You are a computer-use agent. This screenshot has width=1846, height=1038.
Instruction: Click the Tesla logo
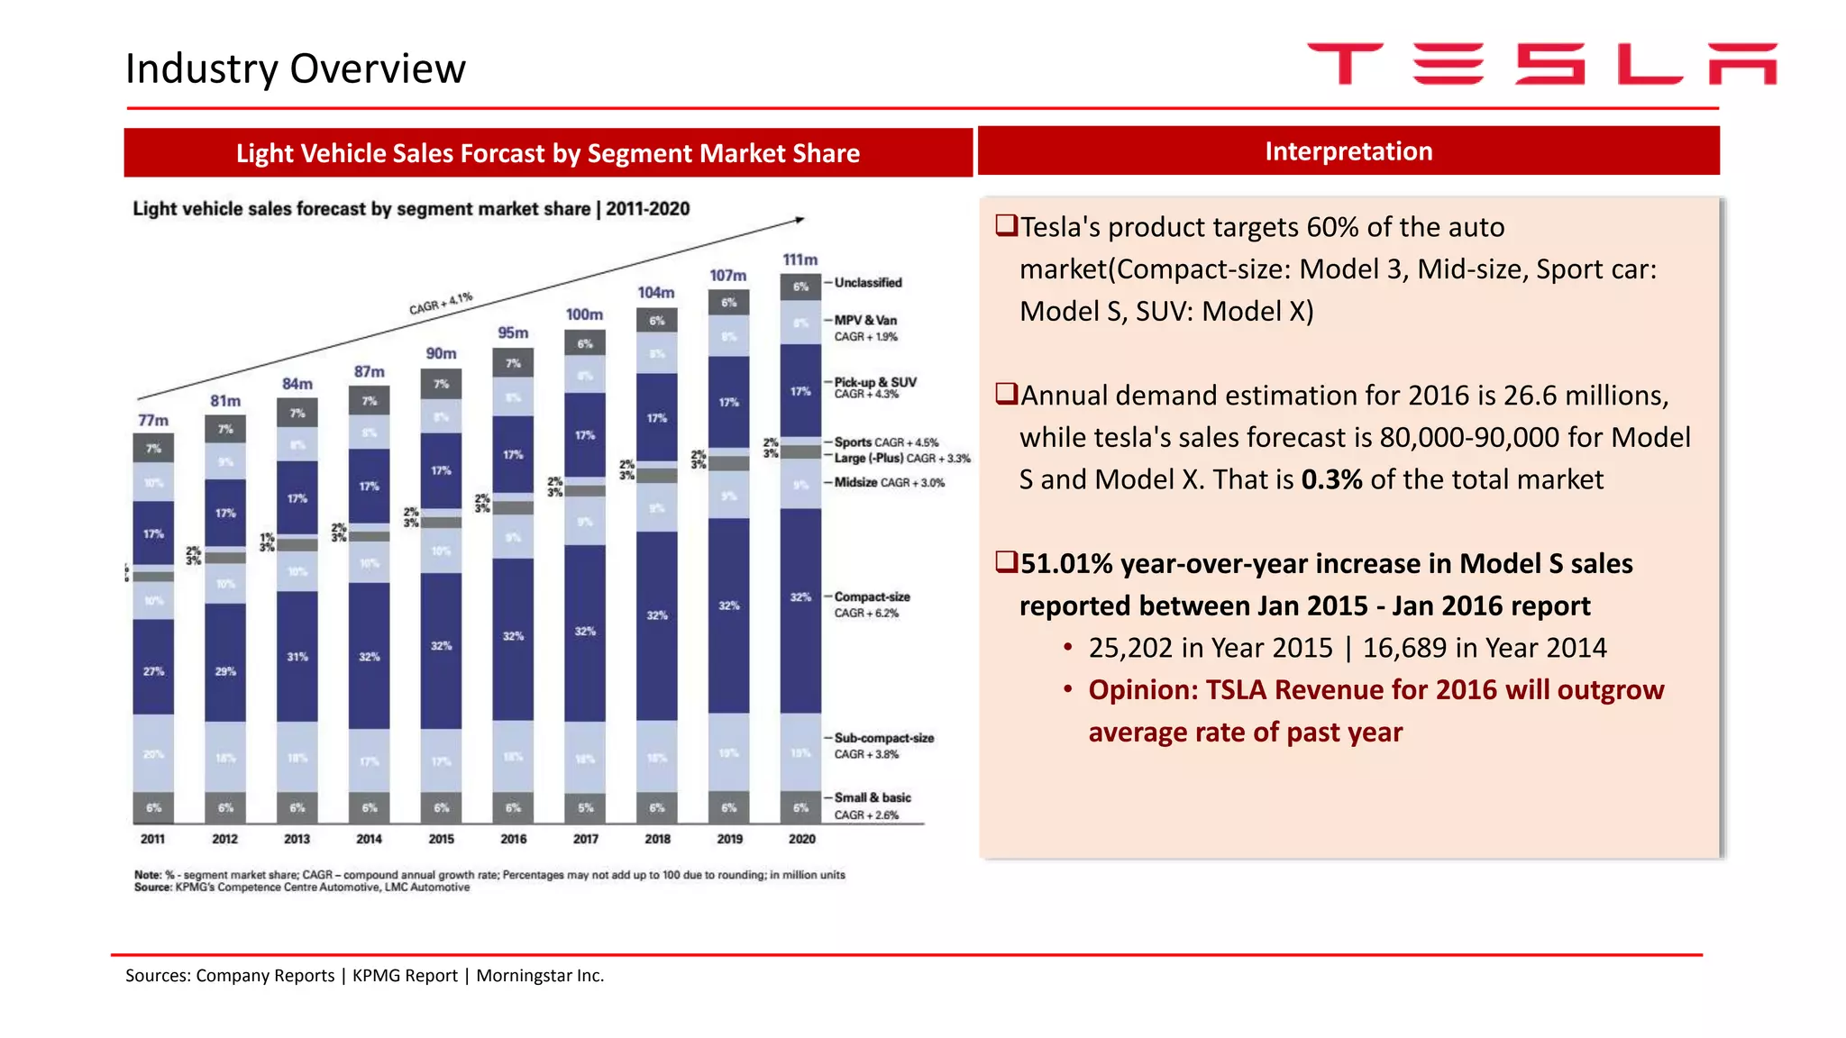(x=1541, y=64)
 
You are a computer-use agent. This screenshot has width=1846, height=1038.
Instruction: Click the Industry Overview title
(x=296, y=68)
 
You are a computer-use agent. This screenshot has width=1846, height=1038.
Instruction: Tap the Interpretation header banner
(x=1348, y=151)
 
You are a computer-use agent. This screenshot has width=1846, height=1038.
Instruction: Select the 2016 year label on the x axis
(x=513, y=839)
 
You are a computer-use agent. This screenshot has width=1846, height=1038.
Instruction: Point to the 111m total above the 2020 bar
(x=800, y=259)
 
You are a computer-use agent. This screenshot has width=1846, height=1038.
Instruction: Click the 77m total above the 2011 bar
(x=153, y=420)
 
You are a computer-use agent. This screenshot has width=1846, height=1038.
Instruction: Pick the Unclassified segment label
(x=867, y=283)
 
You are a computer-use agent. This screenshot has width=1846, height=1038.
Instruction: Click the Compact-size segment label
(x=872, y=596)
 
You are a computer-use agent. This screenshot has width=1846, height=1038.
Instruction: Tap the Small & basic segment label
(x=872, y=797)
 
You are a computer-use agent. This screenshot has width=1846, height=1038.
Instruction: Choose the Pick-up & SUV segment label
(x=874, y=382)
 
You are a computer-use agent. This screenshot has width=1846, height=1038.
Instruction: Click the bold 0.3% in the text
(x=1331, y=479)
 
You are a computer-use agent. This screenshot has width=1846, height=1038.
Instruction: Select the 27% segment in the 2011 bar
(x=153, y=670)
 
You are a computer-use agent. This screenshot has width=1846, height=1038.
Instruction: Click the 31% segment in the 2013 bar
(x=297, y=657)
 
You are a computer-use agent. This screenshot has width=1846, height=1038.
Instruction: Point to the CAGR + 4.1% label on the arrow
(x=441, y=304)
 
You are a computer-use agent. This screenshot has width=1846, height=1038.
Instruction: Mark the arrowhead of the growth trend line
(x=799, y=219)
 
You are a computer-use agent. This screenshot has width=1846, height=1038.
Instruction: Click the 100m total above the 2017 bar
(x=584, y=314)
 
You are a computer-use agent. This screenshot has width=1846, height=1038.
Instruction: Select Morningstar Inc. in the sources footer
(x=540, y=976)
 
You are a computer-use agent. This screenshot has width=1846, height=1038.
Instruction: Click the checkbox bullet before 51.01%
(x=1006, y=562)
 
